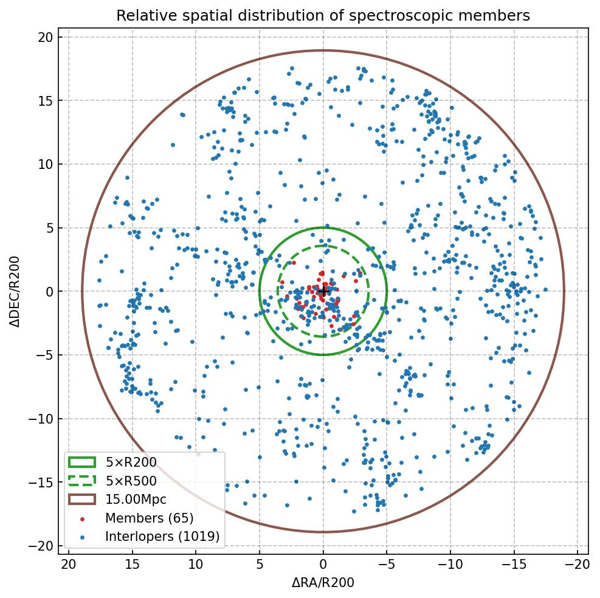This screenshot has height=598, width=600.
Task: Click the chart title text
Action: tap(323, 15)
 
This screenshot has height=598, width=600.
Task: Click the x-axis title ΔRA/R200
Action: tap(323, 583)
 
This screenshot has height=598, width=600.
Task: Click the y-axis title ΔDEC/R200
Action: tap(15, 292)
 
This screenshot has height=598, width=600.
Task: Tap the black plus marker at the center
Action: tap(323, 292)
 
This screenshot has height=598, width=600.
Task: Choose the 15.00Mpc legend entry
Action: tap(136, 500)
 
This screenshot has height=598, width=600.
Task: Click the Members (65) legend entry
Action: tap(149, 518)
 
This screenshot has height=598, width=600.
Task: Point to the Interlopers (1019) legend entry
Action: tap(162, 536)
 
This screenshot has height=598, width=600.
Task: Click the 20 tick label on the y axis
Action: tap(45, 38)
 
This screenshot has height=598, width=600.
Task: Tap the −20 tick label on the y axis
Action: tap(41, 546)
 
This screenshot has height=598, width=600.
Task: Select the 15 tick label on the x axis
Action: tap(132, 565)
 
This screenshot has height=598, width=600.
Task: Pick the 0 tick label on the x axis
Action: tap(323, 565)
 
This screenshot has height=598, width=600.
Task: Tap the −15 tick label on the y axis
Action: tap(41, 483)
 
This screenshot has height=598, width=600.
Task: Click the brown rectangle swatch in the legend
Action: tap(82, 500)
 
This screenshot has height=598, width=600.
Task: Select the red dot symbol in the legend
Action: tap(82, 518)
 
